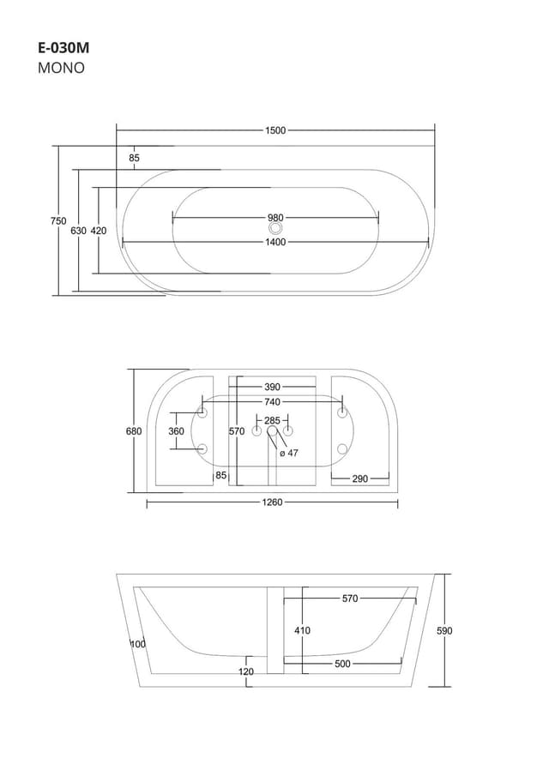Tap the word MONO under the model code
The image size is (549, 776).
61,69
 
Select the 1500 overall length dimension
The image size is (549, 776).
275,130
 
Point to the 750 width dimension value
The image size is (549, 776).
57,220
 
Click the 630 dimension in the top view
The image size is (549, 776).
78,231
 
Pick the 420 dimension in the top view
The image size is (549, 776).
99,231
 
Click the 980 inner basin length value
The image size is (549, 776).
275,218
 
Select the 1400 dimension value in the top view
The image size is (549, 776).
275,242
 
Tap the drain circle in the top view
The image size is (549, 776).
275,229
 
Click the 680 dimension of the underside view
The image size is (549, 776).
134,431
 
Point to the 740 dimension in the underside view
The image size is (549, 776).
272,401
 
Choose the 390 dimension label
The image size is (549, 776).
272,387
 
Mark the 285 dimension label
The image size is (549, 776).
272,420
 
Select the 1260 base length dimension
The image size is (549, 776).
272,503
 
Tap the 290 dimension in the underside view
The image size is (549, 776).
359,478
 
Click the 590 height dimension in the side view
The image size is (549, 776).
444,630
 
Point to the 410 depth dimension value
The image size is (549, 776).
302,630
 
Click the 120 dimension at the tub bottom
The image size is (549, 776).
246,671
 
